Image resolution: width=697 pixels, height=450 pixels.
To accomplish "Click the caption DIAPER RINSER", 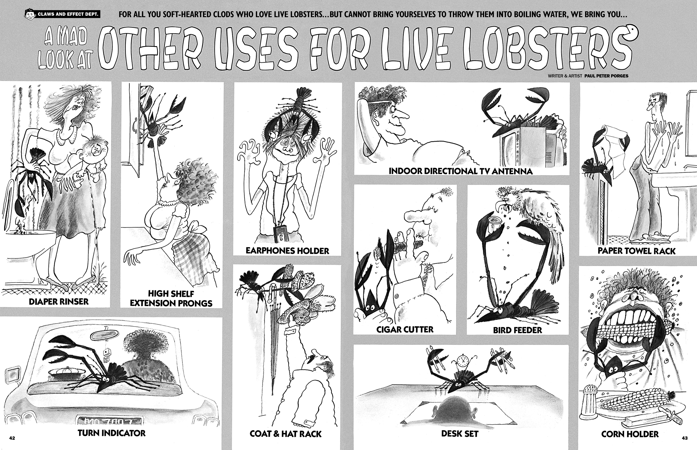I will coord(58,302).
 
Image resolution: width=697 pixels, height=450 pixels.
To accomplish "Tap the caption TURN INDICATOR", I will coord(111,433).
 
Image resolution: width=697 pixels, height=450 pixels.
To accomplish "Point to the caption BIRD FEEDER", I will coord(517,330).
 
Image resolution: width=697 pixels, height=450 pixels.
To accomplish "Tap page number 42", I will coord(12,438).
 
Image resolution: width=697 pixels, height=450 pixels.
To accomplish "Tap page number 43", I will coord(685,438).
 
